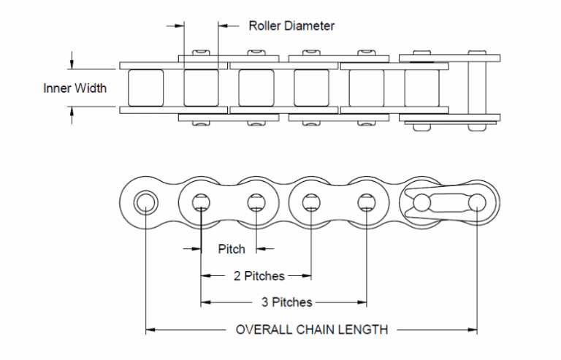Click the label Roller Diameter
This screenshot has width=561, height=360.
coord(291,26)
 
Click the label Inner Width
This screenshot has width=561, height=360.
coord(75,88)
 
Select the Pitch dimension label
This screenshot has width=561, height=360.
coord(232,249)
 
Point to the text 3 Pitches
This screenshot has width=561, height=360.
coord(286,302)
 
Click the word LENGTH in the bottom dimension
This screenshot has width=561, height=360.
coord(365,329)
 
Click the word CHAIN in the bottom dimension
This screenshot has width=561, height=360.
coord(316,329)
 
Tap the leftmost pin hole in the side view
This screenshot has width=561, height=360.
coord(145,201)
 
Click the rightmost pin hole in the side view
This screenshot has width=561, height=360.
coord(476,201)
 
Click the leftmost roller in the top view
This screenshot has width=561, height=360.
coord(144,88)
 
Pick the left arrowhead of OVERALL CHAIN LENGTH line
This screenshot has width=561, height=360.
coord(150,330)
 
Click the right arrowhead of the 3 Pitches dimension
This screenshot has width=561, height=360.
coord(362,302)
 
